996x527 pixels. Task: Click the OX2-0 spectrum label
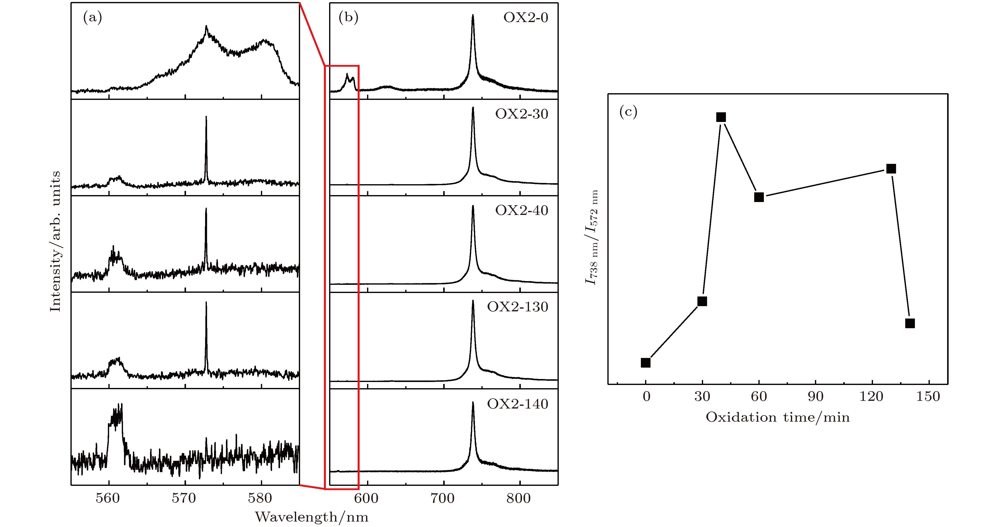coord(526,18)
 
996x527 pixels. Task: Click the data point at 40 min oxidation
coord(721,117)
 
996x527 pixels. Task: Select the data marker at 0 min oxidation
coord(645,362)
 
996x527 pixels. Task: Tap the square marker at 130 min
coord(891,169)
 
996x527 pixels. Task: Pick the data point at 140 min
coord(910,323)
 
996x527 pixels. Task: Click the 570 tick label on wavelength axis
coord(184,498)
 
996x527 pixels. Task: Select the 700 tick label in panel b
coord(443,498)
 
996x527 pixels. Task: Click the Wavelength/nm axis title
coord(312,517)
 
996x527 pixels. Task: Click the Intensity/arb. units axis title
coord(55,241)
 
